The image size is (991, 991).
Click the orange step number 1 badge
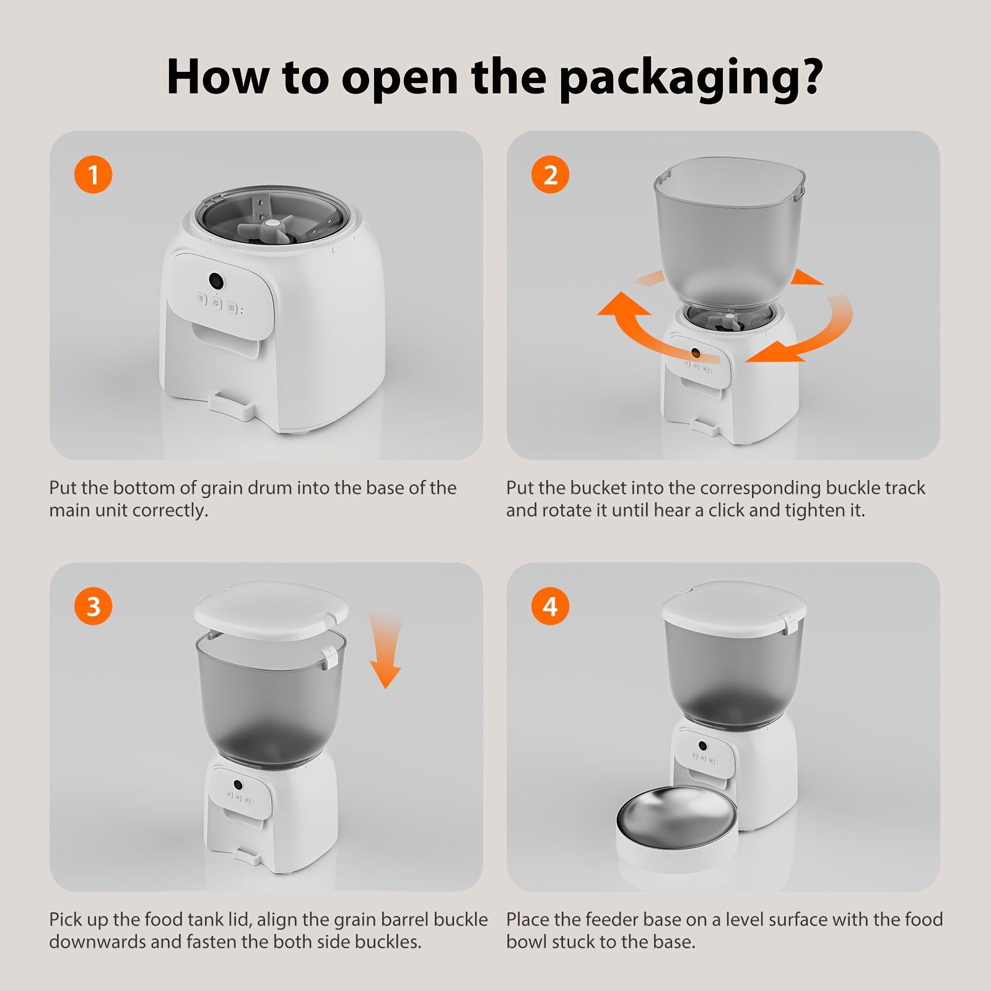click(94, 175)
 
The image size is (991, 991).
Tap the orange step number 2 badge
click(551, 175)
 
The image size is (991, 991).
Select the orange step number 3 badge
click(94, 606)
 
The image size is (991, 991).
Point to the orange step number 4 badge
click(551, 606)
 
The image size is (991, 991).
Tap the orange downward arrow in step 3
click(385, 650)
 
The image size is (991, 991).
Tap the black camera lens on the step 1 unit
click(216, 281)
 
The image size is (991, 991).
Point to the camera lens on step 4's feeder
click(702, 745)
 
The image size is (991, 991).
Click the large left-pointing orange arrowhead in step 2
click(622, 306)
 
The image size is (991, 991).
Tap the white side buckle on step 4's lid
click(788, 622)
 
